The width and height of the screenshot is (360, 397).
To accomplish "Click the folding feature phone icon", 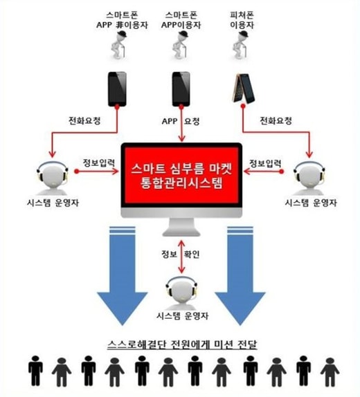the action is [x=244, y=88].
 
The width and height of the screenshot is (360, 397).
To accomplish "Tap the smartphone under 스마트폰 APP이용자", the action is [x=181, y=89].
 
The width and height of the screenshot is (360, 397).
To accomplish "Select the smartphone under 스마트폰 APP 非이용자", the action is [x=118, y=89].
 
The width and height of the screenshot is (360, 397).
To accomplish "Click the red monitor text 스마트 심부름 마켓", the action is [x=181, y=169].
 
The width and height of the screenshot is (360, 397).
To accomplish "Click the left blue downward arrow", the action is [x=123, y=275].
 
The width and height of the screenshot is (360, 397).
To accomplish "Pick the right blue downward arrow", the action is [x=240, y=275].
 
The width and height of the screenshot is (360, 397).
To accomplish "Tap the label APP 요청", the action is [x=181, y=121].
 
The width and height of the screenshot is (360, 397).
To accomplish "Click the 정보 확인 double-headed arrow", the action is [x=181, y=256].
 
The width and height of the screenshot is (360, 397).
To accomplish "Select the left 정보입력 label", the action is [x=99, y=163].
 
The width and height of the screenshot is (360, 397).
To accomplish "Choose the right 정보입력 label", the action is [x=265, y=163].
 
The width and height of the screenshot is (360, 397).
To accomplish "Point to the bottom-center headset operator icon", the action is [x=181, y=293].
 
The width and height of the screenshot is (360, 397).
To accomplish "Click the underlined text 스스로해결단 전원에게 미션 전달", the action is [x=182, y=344].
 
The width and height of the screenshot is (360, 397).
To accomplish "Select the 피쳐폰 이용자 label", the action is [x=242, y=20].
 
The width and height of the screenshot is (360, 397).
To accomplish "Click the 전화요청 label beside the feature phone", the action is [x=276, y=121].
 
